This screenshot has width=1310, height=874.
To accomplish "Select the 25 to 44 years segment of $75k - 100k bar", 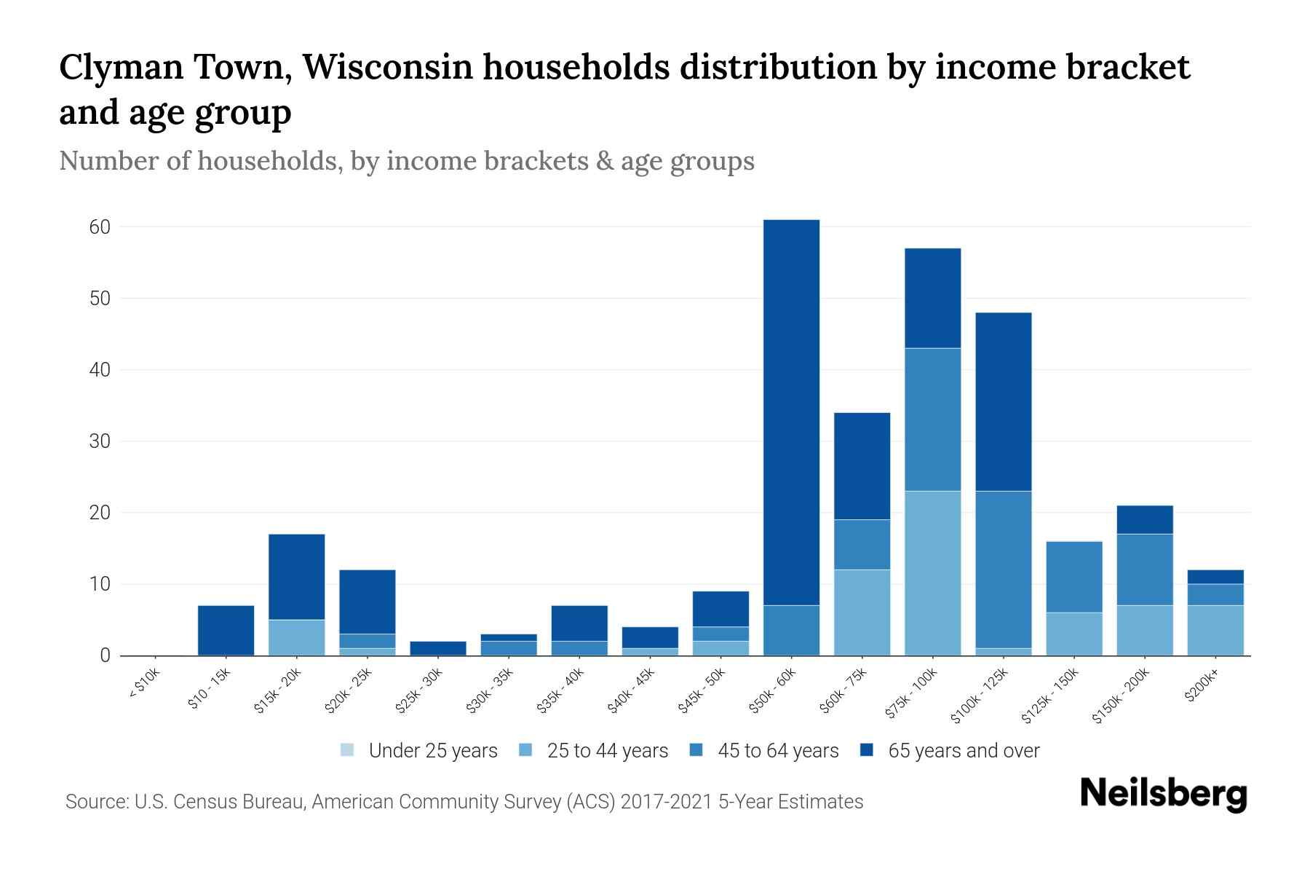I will pyautogui.click(x=932, y=573).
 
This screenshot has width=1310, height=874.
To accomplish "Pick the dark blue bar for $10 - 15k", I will pyautogui.click(x=226, y=630).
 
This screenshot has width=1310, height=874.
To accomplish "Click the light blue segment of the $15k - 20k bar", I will pyautogui.click(x=296, y=637).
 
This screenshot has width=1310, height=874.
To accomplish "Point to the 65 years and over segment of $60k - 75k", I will pyautogui.click(x=862, y=466).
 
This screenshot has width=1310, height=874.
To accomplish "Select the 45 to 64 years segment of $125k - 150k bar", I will pyautogui.click(x=1073, y=577).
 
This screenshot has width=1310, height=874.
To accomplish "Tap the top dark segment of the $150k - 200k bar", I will pyautogui.click(x=1144, y=519).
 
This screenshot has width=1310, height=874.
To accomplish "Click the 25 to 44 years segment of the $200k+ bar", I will pyautogui.click(x=1215, y=630).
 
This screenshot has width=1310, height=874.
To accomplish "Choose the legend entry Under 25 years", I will pyautogui.click(x=433, y=751).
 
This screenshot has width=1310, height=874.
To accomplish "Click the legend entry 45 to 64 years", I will pyautogui.click(x=778, y=751).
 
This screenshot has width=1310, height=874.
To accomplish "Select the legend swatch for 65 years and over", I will pyautogui.click(x=867, y=750).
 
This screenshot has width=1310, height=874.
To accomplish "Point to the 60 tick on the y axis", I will pyautogui.click(x=100, y=227).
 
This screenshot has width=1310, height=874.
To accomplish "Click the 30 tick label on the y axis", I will pyautogui.click(x=100, y=441).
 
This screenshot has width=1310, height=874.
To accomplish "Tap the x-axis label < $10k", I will pyautogui.click(x=146, y=685).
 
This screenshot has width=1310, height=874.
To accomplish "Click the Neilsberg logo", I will pyautogui.click(x=1163, y=794).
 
